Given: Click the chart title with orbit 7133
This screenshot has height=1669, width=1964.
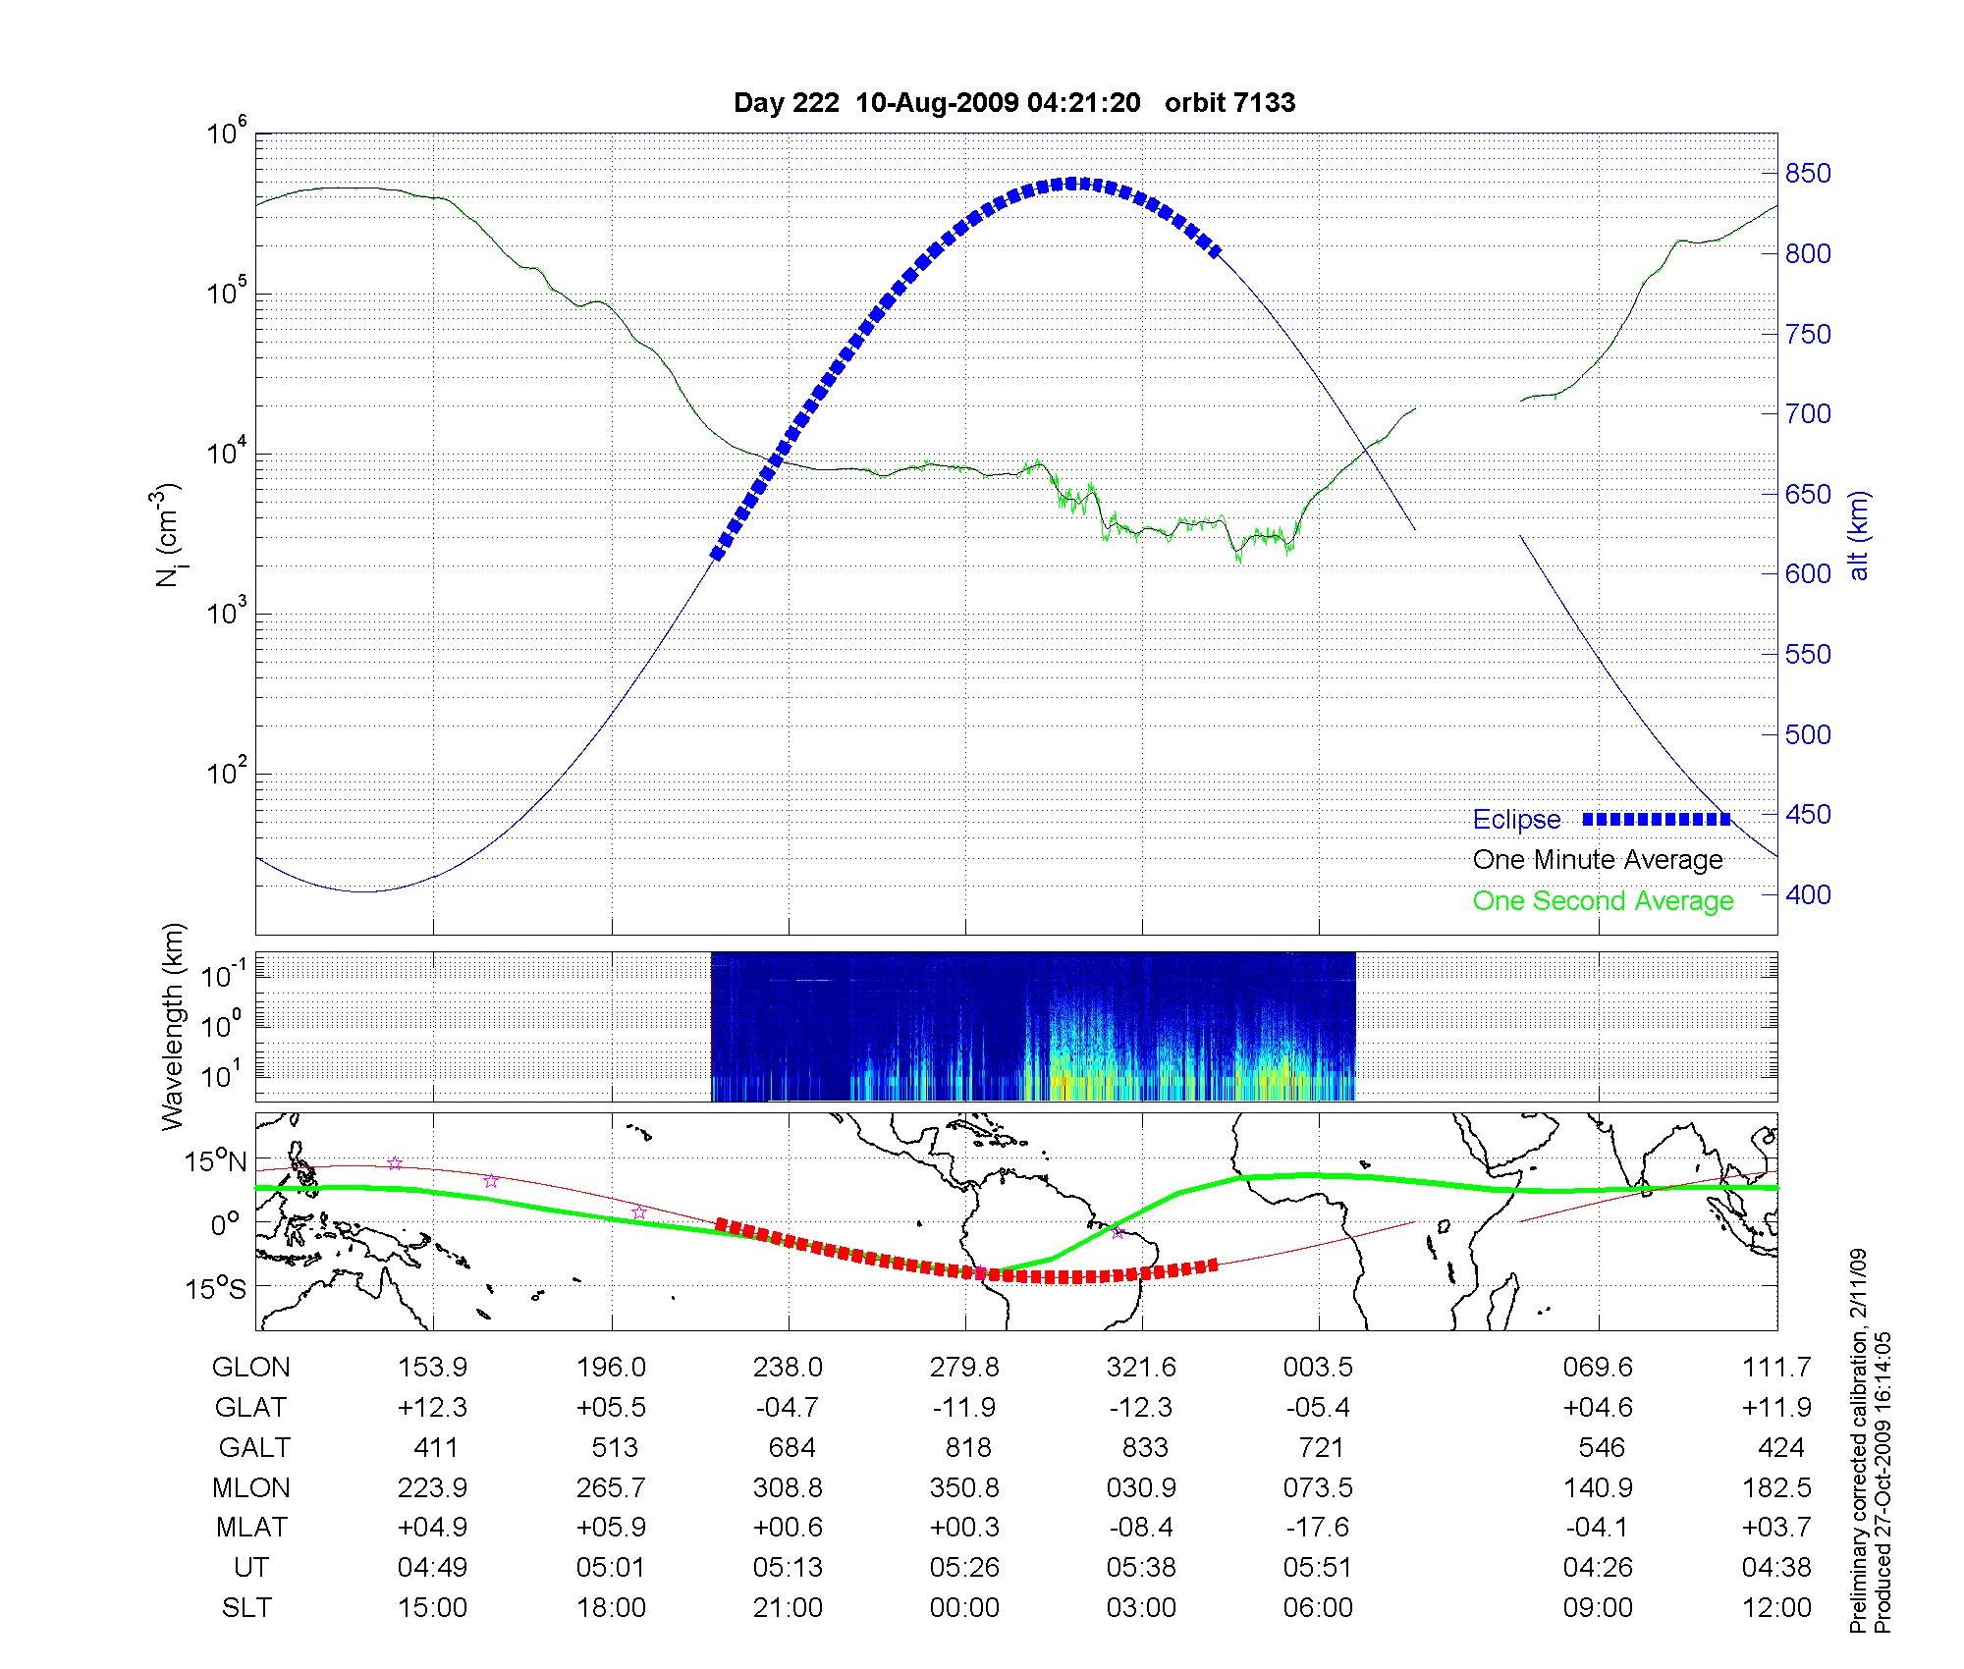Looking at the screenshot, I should tap(1014, 102).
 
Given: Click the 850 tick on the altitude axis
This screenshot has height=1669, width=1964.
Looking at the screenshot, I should tap(1808, 174).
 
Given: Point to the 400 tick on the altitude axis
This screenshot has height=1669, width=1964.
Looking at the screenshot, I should tap(1808, 894).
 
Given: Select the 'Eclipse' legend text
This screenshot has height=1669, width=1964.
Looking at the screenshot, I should tap(1516, 820).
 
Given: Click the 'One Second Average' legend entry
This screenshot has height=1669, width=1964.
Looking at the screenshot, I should tap(1603, 901).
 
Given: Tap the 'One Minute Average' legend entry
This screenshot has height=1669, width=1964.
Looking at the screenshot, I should tap(1598, 860).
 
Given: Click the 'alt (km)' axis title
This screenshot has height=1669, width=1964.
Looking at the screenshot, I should tap(1860, 535).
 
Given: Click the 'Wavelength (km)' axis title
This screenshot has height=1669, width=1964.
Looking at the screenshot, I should tap(173, 1026).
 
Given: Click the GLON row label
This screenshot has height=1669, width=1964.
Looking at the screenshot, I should tap(250, 1368).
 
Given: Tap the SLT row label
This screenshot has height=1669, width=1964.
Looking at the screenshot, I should tap(246, 1608).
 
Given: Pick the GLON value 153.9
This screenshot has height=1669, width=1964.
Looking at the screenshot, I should tap(432, 1368).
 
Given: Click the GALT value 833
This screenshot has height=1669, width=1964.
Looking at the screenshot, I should tap(1144, 1448).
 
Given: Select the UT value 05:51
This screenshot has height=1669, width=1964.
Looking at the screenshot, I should tap(1318, 1568).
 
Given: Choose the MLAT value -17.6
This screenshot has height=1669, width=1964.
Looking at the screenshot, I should tap(1318, 1528).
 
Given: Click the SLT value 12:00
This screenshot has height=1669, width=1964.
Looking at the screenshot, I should tap(1776, 1608).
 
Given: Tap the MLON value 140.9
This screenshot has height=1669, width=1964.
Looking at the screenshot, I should tap(1598, 1488).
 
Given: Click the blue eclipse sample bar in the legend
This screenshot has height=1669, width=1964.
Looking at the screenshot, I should tap(1656, 820).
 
